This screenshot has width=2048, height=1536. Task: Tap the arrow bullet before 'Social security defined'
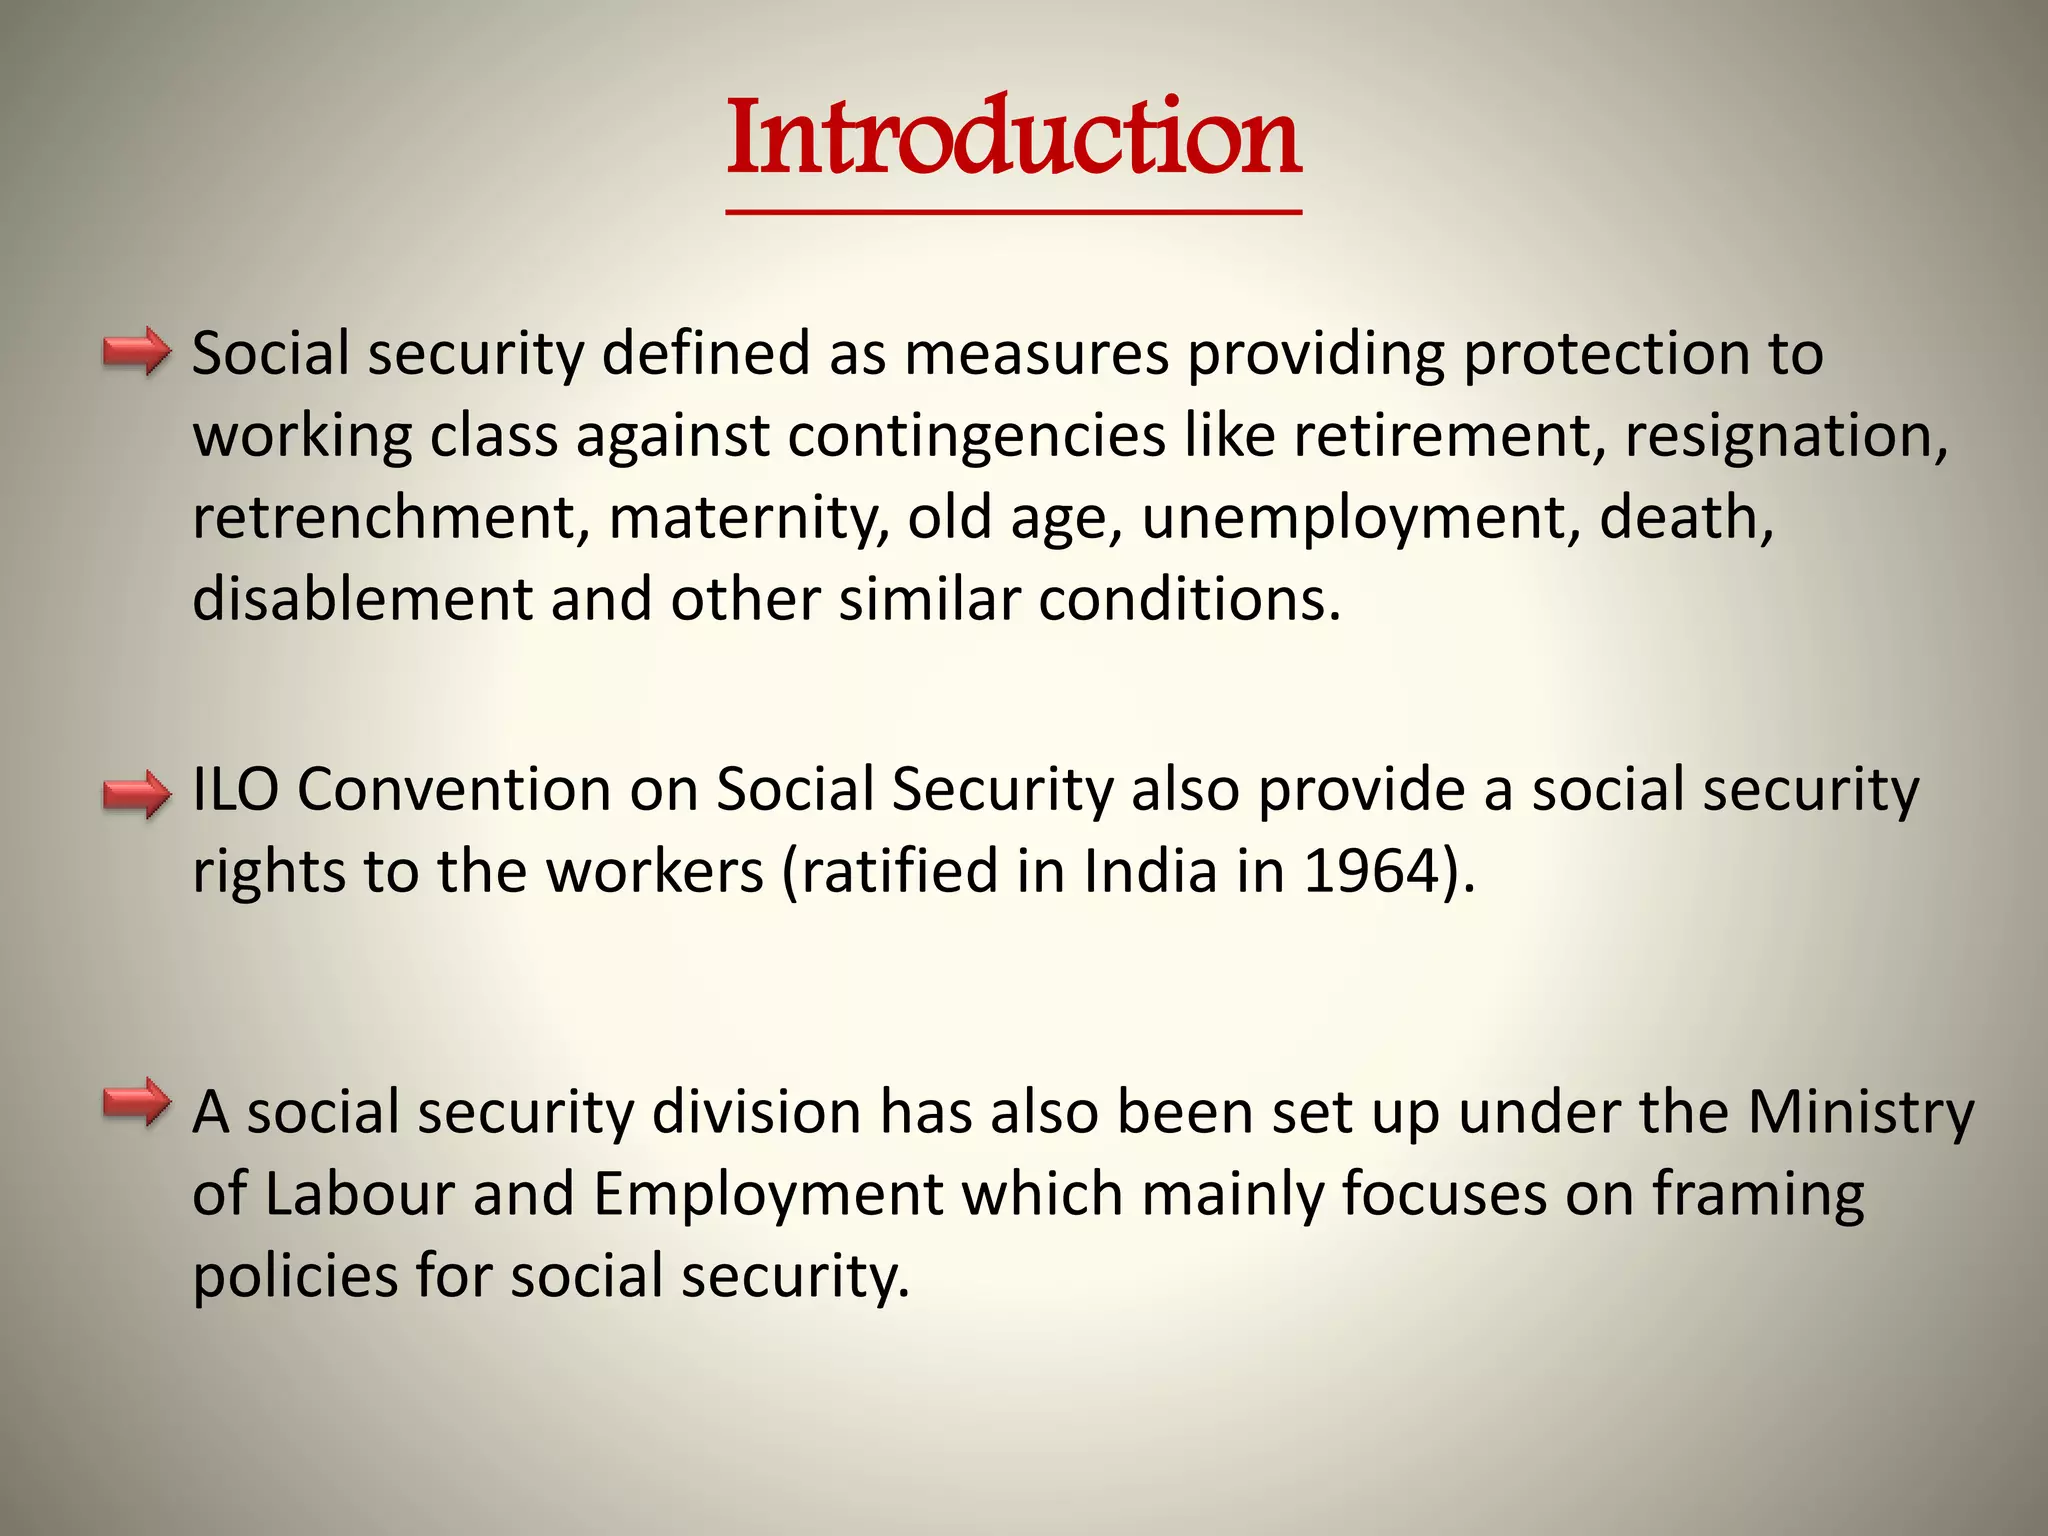137,351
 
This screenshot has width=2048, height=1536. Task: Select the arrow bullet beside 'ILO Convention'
137,795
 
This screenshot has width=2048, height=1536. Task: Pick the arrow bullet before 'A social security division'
137,1102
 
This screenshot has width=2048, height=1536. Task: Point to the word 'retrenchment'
383,518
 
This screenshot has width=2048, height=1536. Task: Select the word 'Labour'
359,1194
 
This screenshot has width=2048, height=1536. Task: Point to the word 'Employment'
768,1194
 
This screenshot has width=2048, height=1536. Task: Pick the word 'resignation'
1786,436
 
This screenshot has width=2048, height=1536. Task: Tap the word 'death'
1686,518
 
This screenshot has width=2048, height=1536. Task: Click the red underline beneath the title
1014,212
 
